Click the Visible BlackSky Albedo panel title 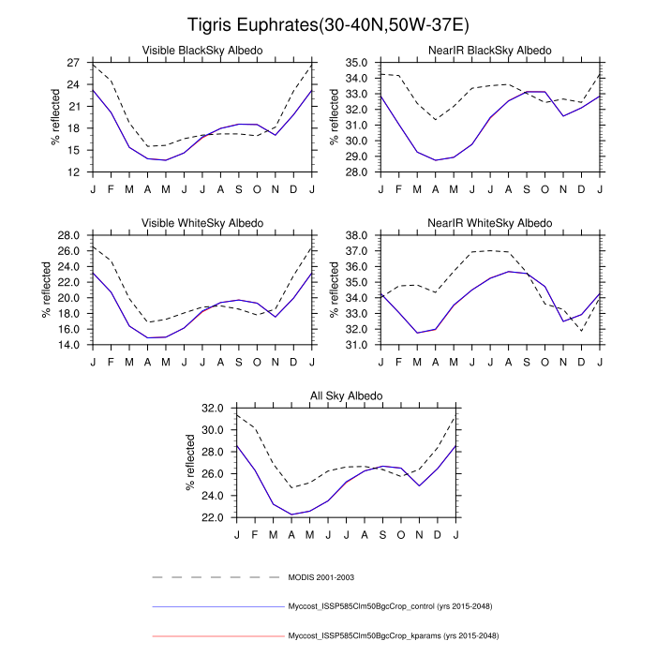click(201, 50)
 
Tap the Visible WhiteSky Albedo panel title click(201, 223)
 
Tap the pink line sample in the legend click(216, 636)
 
